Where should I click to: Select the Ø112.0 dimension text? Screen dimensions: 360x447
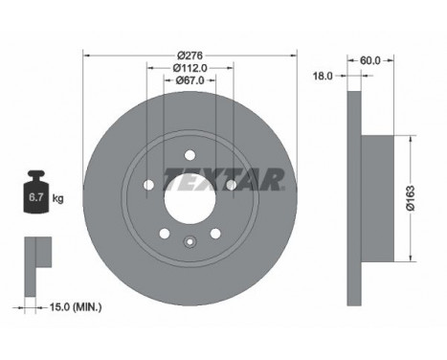pos(190,68)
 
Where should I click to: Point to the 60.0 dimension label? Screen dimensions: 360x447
pos(369,60)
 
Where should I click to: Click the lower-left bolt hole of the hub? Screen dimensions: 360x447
pos(165,234)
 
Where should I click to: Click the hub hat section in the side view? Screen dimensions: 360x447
pos(378,197)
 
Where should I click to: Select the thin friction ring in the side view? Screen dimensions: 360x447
pos(353,197)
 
